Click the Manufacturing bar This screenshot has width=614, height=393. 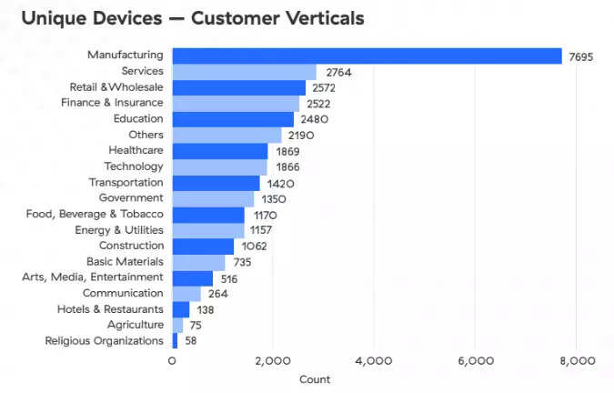click(x=367, y=55)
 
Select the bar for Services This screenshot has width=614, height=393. click(x=244, y=72)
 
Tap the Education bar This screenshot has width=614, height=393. click(x=233, y=119)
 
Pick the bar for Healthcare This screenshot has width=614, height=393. click(x=220, y=151)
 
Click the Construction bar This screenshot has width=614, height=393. click(x=203, y=246)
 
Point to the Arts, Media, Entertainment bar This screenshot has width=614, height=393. click(x=192, y=277)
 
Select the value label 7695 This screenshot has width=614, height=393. click(x=581, y=56)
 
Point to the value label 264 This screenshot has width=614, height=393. click(x=217, y=294)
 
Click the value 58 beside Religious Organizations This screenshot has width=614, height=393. click(x=189, y=341)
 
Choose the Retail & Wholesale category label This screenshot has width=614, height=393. click(x=116, y=87)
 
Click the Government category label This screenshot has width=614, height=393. click(x=131, y=197)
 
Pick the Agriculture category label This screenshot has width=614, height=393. click(x=136, y=325)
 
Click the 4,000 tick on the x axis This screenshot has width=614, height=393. click(x=374, y=361)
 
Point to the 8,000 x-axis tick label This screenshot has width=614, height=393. click(x=576, y=361)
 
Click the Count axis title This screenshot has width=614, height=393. click(x=315, y=379)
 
